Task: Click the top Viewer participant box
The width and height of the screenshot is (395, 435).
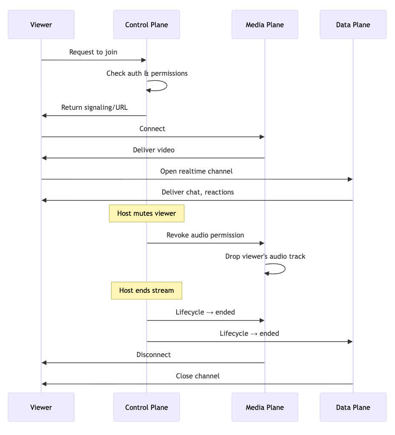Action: (x=41, y=25)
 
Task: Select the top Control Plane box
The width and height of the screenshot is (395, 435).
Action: (x=146, y=25)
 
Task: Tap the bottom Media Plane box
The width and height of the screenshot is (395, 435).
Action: (x=264, y=407)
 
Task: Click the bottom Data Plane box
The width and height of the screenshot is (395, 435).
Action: (x=353, y=407)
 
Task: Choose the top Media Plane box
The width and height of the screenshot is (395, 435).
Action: (x=264, y=25)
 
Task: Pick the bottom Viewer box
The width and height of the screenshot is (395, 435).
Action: (x=41, y=407)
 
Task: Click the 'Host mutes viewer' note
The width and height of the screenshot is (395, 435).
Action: (x=146, y=213)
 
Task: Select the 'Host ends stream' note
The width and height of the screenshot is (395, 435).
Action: (x=146, y=290)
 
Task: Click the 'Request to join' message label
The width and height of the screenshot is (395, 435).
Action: (x=93, y=52)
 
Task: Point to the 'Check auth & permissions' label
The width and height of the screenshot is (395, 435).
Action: (x=147, y=73)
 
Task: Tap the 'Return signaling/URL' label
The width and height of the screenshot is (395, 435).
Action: (x=94, y=107)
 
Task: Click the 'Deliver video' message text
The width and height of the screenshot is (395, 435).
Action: (x=153, y=150)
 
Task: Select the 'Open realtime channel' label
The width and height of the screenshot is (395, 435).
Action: (x=196, y=171)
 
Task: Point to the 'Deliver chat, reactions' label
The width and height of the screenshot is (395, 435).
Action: (x=197, y=192)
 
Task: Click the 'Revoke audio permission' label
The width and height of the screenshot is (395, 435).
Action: (x=205, y=235)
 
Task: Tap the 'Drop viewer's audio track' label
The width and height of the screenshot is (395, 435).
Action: (x=265, y=256)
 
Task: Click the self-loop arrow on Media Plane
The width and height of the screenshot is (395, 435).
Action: (x=284, y=269)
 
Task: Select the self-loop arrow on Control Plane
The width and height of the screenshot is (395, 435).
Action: (x=166, y=86)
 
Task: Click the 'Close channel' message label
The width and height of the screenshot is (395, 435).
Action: (x=197, y=376)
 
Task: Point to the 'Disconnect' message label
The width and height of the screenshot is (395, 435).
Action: (x=153, y=355)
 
